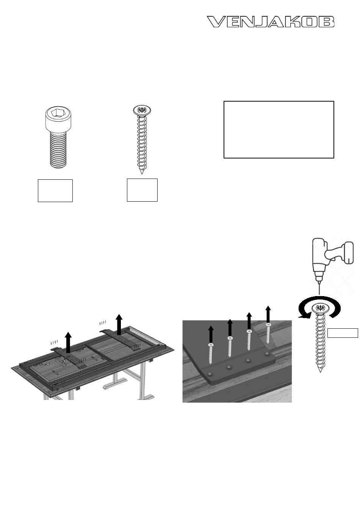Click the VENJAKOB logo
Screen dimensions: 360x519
[270, 22]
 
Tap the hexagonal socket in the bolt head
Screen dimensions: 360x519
[56, 113]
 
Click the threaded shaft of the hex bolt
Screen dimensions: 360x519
[58, 151]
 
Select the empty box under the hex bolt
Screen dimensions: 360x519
[55, 190]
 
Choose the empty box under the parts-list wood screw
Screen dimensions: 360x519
[142, 190]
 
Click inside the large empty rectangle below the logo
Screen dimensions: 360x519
[279, 130]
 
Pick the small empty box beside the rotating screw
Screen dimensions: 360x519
[343, 333]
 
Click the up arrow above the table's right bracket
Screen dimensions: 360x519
[119, 325]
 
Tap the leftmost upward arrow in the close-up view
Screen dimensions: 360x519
[211, 334]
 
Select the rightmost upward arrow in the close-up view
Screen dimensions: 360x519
[268, 314]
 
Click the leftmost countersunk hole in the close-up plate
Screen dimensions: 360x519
[211, 374]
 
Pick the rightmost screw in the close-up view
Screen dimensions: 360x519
[268, 333]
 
